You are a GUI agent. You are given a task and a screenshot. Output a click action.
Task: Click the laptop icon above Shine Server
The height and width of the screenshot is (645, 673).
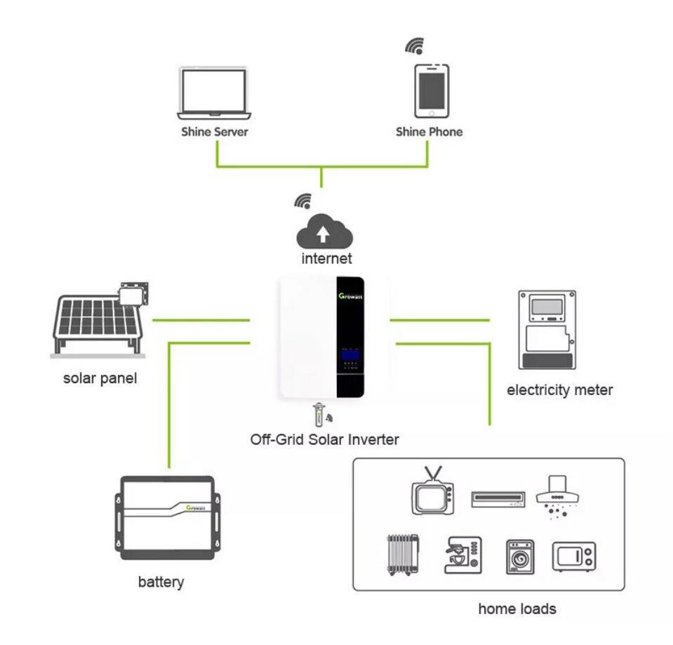click(213, 93)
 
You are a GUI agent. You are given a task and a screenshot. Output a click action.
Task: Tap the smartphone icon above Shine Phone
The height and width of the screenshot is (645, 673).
click(431, 91)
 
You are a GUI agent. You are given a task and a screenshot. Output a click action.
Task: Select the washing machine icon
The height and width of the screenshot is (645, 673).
click(520, 557)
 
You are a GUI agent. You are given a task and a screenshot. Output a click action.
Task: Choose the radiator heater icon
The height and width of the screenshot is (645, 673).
click(404, 556)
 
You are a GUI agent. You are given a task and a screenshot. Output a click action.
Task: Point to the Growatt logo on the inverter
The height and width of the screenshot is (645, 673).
click(349, 295)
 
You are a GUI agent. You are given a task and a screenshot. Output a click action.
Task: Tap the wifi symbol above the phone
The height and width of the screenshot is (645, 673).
click(415, 46)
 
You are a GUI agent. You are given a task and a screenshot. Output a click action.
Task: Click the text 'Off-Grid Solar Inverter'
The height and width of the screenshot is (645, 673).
click(324, 440)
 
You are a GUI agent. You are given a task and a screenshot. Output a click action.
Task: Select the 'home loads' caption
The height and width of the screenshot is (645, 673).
click(517, 609)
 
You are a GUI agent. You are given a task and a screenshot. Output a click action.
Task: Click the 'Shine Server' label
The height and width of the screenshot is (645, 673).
click(214, 131)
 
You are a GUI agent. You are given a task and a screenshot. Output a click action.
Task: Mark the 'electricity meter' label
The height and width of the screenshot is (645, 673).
click(559, 390)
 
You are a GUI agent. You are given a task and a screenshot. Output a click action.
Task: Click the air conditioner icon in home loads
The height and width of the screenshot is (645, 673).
click(498, 498)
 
